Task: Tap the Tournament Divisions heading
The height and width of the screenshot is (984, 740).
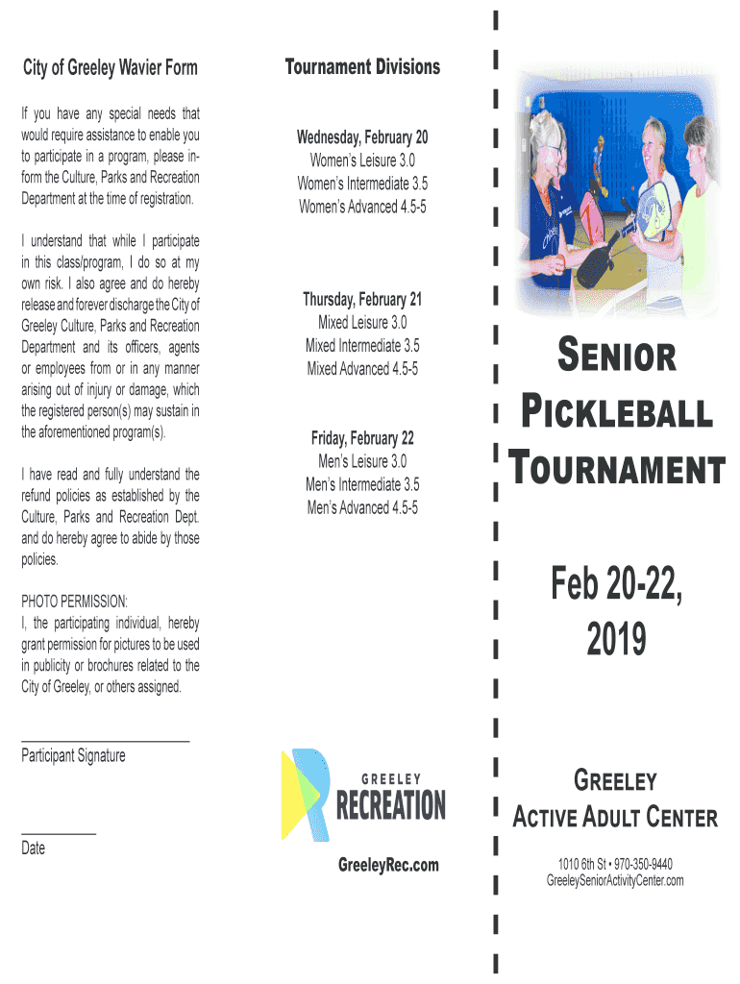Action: coord(362,66)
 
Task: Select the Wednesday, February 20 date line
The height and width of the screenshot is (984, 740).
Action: coord(362,137)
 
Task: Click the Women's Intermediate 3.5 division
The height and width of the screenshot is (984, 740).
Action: coord(362,184)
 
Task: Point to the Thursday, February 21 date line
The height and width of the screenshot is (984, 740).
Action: coord(362,300)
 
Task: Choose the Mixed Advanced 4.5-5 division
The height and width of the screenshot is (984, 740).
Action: coord(362,369)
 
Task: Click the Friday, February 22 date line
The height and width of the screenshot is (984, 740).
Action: coord(362,438)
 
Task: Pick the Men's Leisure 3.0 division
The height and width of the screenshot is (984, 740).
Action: coord(362,461)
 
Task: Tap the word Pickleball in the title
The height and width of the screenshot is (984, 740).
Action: coord(617,414)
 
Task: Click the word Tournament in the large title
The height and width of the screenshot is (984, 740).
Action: coord(617,470)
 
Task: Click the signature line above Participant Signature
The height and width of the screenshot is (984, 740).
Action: coord(105,741)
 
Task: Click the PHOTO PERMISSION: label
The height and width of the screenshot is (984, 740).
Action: coord(74,602)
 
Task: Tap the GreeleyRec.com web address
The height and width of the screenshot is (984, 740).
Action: coord(388,866)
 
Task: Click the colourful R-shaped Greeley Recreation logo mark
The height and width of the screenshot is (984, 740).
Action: coord(306,794)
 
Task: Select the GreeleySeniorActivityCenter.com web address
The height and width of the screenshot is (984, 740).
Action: coord(615,880)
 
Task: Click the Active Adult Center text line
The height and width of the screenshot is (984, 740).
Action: coord(615,819)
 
